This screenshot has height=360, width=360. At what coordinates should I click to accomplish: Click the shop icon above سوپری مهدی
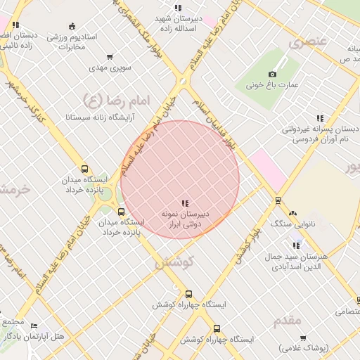pos(110,58)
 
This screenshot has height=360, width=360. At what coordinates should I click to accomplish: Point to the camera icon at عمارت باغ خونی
pos(272,74)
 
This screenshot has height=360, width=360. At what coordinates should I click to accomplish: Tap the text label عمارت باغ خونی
pos(272,85)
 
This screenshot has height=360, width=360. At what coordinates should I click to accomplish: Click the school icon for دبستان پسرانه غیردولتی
pos(320,118)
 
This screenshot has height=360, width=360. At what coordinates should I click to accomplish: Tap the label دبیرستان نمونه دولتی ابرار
pos(187,219)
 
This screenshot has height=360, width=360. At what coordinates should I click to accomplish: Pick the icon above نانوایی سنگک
pos(292,212)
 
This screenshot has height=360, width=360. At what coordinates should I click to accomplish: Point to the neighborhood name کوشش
pos(172,262)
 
